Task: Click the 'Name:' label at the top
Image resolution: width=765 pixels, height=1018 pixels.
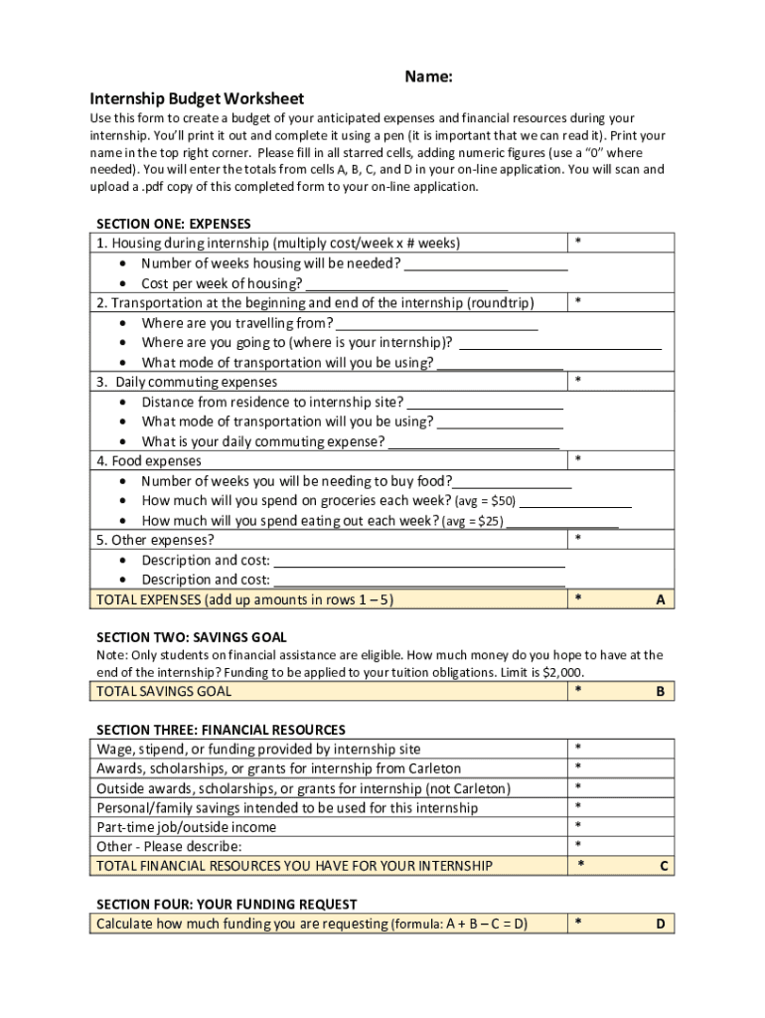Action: (x=428, y=78)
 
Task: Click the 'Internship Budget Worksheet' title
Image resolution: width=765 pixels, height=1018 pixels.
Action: (x=197, y=98)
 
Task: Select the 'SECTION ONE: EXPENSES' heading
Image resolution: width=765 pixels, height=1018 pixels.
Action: (x=173, y=224)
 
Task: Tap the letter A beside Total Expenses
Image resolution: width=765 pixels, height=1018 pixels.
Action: (x=660, y=599)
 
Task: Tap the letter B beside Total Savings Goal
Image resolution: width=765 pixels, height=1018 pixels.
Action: (x=660, y=691)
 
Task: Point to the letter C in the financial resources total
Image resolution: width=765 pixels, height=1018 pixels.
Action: (x=664, y=866)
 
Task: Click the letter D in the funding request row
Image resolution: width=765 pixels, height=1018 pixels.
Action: (x=660, y=924)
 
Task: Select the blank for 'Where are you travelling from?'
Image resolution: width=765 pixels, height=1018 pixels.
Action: (x=437, y=325)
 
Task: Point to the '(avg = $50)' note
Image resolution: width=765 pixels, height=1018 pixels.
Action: (x=485, y=501)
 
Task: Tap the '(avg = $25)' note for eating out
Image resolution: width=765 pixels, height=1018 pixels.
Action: (x=472, y=521)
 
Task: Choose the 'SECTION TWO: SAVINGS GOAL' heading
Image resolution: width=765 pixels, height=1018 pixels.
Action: (x=191, y=636)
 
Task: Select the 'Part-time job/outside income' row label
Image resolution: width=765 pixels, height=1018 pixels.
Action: (x=186, y=827)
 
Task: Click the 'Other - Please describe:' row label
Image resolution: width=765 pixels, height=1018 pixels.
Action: (x=169, y=846)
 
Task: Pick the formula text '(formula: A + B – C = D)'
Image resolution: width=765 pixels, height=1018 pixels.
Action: (x=459, y=925)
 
